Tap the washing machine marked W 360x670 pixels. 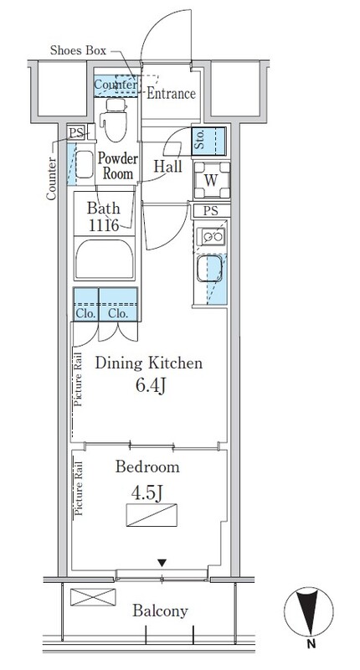pyautogui.click(x=211, y=180)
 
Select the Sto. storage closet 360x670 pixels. pyautogui.click(x=208, y=141)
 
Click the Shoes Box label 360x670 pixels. pyautogui.click(x=78, y=50)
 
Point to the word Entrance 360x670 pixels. pyautogui.click(x=172, y=93)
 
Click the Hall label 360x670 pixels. pyautogui.click(x=167, y=166)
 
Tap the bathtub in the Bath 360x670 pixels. pyautogui.click(x=105, y=260)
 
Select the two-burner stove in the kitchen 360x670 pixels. pyautogui.click(x=211, y=236)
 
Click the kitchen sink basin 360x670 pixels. pyautogui.click(x=209, y=269)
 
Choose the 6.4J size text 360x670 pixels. pyautogui.click(x=151, y=386)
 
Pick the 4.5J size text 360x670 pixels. pyautogui.click(x=147, y=493)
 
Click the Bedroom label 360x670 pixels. pyautogui.click(x=147, y=466)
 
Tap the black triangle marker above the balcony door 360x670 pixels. pyautogui.click(x=162, y=563)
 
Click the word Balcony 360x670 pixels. pyautogui.click(x=160, y=611)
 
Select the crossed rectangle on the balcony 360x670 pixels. pyautogui.click(x=93, y=596)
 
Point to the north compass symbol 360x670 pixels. pyautogui.click(x=309, y=612)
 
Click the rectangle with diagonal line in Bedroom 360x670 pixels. pyautogui.click(x=152, y=515)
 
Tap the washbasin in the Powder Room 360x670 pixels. pyautogui.click(x=84, y=164)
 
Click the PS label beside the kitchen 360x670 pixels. pyautogui.click(x=211, y=211)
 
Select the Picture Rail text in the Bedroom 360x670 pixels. pyautogui.click(x=79, y=487)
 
